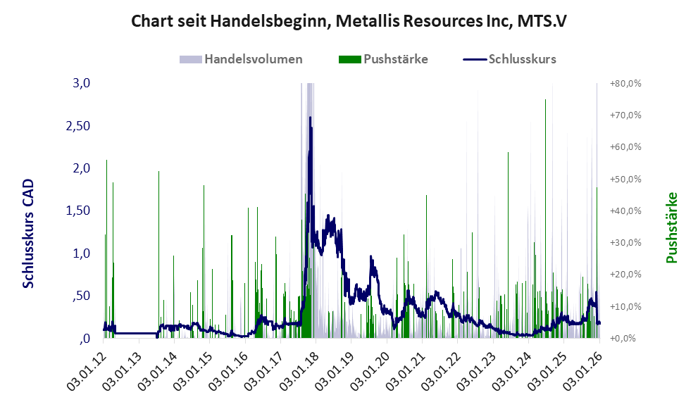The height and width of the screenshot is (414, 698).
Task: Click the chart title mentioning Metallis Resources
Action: point(349,21)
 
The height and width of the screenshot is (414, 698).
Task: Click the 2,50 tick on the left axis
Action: point(78,125)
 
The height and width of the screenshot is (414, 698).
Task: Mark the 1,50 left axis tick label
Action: point(78,211)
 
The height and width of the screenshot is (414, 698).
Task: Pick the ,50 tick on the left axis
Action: point(81,296)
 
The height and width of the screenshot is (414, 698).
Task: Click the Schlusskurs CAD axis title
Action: point(29,233)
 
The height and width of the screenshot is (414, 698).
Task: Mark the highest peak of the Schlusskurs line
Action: point(310,118)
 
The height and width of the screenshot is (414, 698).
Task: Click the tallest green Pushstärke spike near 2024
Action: point(545,100)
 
